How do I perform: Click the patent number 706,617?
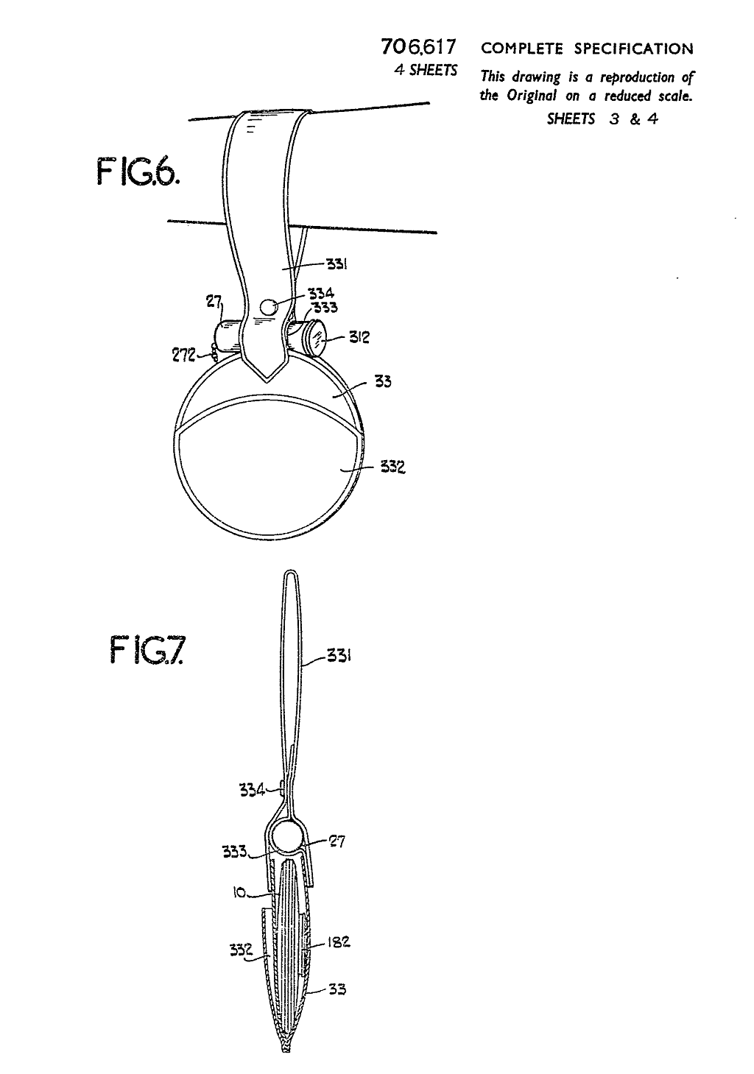pos(418,47)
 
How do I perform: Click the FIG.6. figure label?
pos(138,172)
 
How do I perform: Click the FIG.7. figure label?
pos(146,650)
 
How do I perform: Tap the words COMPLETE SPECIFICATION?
pos(587,49)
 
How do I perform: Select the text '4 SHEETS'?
pos(426,71)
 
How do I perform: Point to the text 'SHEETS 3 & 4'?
pos(602,119)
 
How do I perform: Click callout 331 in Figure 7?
pos(339,655)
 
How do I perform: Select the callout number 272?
pos(183,356)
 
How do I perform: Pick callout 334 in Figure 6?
pos(321,293)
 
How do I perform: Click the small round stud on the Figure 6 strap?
pos(269,306)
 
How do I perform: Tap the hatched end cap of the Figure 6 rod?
pos(316,339)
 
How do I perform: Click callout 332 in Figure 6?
pos(392,467)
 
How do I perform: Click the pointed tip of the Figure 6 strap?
pos(267,382)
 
